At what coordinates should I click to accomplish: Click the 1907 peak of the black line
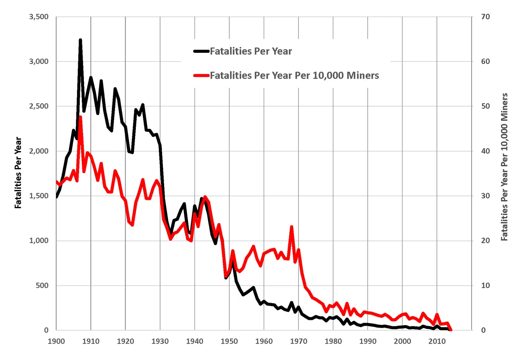point(80,40)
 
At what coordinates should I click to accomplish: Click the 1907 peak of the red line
point(80,117)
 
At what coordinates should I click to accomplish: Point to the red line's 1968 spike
point(291,227)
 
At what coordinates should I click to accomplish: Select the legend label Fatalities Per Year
point(251,51)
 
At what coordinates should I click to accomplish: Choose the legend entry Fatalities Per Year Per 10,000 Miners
point(294,75)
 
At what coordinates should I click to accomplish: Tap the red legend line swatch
point(201,75)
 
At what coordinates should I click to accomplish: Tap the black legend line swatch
point(201,51)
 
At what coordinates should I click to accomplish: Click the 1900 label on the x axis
point(56,341)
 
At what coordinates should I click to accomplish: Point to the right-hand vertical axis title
point(504,167)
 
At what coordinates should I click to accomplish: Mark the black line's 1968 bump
point(291,303)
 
